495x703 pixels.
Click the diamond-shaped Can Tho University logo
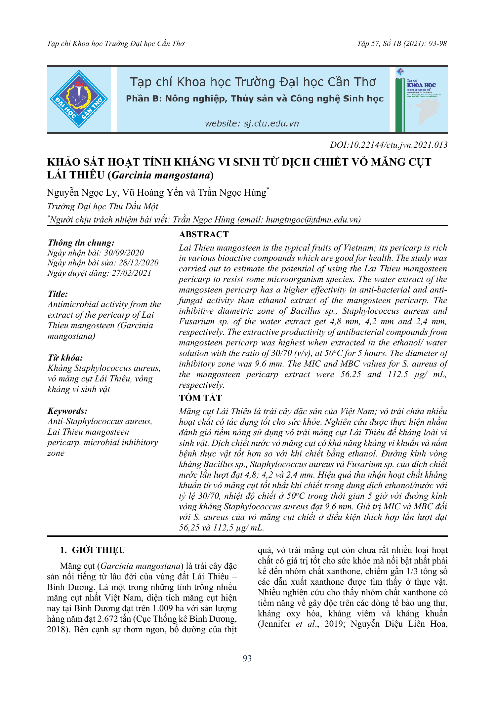[79, 99]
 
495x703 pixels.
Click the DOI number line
[389, 145]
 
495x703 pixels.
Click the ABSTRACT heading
[204, 234]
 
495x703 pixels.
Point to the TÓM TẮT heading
[200, 398]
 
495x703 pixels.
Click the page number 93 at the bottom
[247, 658]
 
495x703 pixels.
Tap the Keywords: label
[67, 411]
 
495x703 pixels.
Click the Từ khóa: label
[65, 358]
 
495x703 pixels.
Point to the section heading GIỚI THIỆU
[98, 550]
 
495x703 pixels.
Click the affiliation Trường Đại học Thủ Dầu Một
[103, 207]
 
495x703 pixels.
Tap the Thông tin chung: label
[81, 243]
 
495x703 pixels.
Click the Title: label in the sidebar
[58, 294]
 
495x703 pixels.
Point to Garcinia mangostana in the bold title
[161, 175]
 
